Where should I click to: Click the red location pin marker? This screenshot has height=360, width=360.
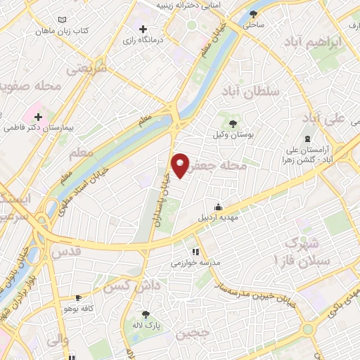[x=180, y=165]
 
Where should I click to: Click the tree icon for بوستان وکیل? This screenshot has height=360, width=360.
[x=233, y=124]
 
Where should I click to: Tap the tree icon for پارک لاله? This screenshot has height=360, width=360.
[x=146, y=315]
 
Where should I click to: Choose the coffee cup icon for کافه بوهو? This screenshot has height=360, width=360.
[x=79, y=298]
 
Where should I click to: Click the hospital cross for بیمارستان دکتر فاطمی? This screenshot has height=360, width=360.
[x=39, y=117]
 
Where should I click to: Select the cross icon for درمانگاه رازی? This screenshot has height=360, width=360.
[x=143, y=30]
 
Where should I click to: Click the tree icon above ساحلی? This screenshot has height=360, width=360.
[x=254, y=13]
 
